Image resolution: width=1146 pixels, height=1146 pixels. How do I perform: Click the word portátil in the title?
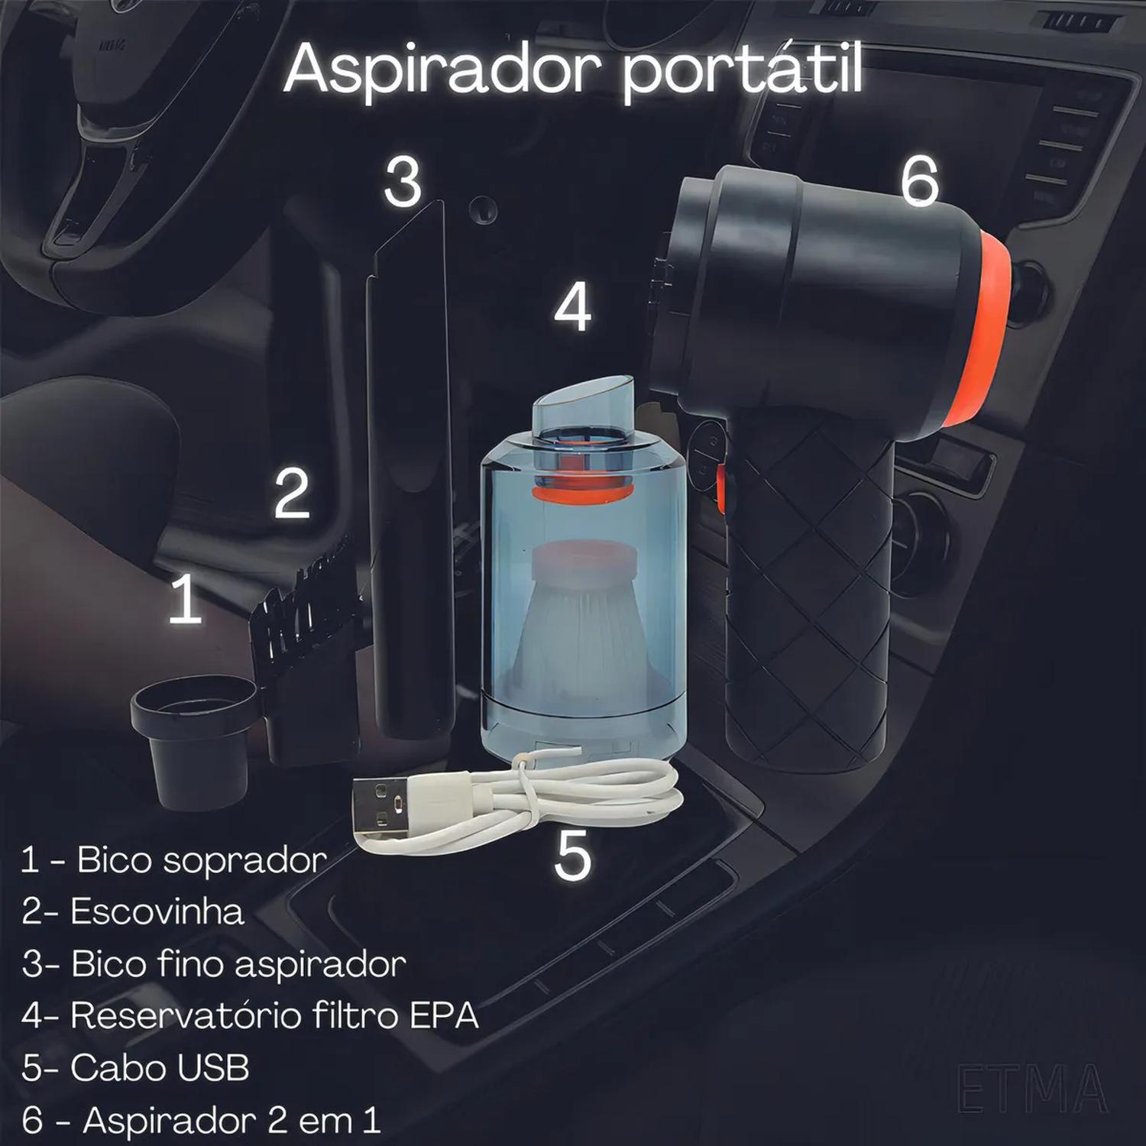click(741, 70)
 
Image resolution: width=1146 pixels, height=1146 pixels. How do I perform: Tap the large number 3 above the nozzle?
click(403, 182)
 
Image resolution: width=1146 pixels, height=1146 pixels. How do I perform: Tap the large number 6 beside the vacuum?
click(918, 183)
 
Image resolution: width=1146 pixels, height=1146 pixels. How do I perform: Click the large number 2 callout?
click(292, 494)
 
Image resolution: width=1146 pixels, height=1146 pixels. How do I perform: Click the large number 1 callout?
click(185, 600)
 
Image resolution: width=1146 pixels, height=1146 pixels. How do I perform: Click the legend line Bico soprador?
click(174, 860)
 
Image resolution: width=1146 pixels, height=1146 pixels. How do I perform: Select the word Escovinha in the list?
click(157, 911)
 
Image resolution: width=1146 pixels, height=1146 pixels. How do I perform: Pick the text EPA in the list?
click(444, 1015)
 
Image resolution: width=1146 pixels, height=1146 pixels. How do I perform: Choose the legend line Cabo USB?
click(136, 1068)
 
